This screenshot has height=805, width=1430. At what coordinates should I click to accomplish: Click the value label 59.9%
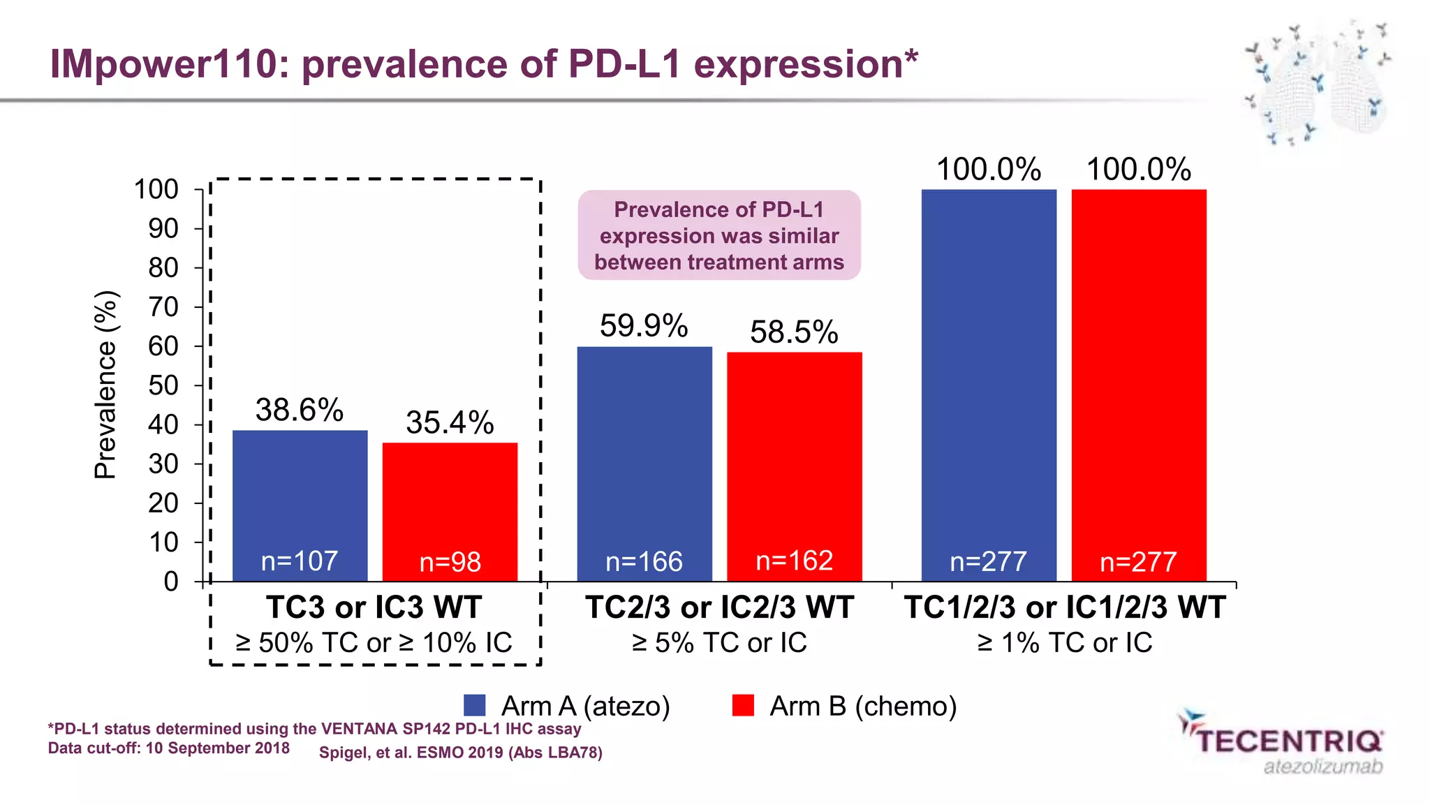point(644,326)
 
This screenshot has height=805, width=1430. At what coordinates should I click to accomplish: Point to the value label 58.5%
point(794,332)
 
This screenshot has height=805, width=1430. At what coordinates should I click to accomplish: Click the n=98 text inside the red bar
point(450,562)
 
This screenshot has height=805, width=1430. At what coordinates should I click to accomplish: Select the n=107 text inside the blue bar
point(300,561)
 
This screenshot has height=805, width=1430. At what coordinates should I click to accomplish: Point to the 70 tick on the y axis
point(163,307)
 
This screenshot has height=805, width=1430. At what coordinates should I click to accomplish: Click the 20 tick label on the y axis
point(163,503)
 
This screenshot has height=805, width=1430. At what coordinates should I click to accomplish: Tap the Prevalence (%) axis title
point(105,385)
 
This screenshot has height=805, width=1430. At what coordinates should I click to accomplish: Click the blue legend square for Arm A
point(475,705)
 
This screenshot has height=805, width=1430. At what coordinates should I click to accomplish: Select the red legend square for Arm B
point(743,705)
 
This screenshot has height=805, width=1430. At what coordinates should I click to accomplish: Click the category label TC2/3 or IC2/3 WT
point(719,607)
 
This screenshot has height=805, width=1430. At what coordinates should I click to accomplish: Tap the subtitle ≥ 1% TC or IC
point(1064,642)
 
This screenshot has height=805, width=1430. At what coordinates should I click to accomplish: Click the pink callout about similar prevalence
point(719,235)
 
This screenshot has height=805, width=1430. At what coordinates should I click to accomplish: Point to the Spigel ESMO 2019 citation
point(461,753)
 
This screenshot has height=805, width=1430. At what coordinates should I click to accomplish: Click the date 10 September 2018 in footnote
point(217,748)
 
